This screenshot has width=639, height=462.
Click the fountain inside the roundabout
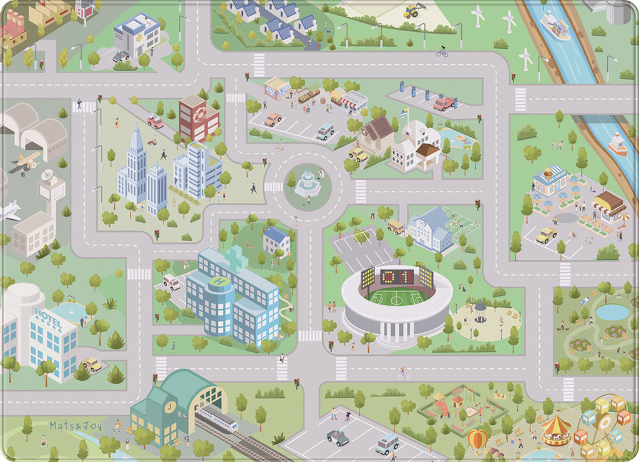point(306,183)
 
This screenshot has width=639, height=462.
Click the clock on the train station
point(169,408)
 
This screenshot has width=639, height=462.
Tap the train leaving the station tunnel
point(218,421)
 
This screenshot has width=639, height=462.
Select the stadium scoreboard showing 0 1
point(398,276)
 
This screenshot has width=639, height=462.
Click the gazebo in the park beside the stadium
point(479,311)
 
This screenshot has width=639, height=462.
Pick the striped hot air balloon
point(477,440)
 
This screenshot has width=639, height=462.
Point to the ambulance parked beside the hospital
point(171,282)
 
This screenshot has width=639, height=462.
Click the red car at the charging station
point(443,104)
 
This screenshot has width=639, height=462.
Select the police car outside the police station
point(122,56)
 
